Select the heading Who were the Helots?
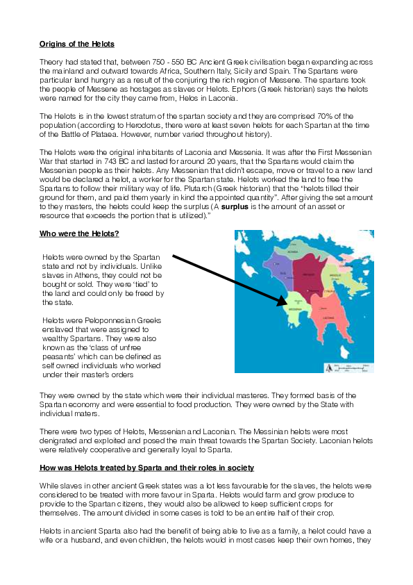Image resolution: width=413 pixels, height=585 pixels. coord(74,233)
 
